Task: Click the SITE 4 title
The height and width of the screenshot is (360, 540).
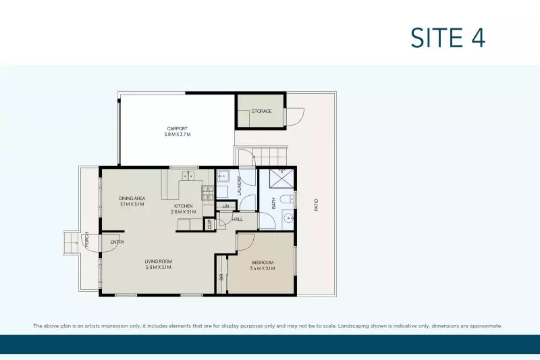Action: click(448, 37)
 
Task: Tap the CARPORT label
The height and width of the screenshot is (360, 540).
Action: click(178, 128)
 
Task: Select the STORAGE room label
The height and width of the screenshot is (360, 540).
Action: click(261, 111)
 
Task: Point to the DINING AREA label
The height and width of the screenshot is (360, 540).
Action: click(132, 198)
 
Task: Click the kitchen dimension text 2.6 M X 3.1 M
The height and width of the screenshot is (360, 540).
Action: click(184, 212)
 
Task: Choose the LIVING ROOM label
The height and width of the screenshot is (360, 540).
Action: click(159, 261)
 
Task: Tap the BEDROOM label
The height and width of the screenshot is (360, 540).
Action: click(262, 262)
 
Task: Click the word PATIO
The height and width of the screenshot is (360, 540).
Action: click(315, 205)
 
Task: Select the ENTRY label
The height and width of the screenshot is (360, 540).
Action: click(117, 242)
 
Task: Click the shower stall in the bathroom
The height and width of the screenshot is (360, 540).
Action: click(281, 178)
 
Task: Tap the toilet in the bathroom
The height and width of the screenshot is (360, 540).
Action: click(288, 198)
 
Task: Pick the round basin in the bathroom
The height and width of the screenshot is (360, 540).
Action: click(288, 219)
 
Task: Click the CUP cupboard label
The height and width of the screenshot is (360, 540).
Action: click(209, 224)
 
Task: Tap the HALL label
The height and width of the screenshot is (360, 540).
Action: click(238, 219)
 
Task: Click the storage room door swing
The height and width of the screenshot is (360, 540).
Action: click(294, 118)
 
